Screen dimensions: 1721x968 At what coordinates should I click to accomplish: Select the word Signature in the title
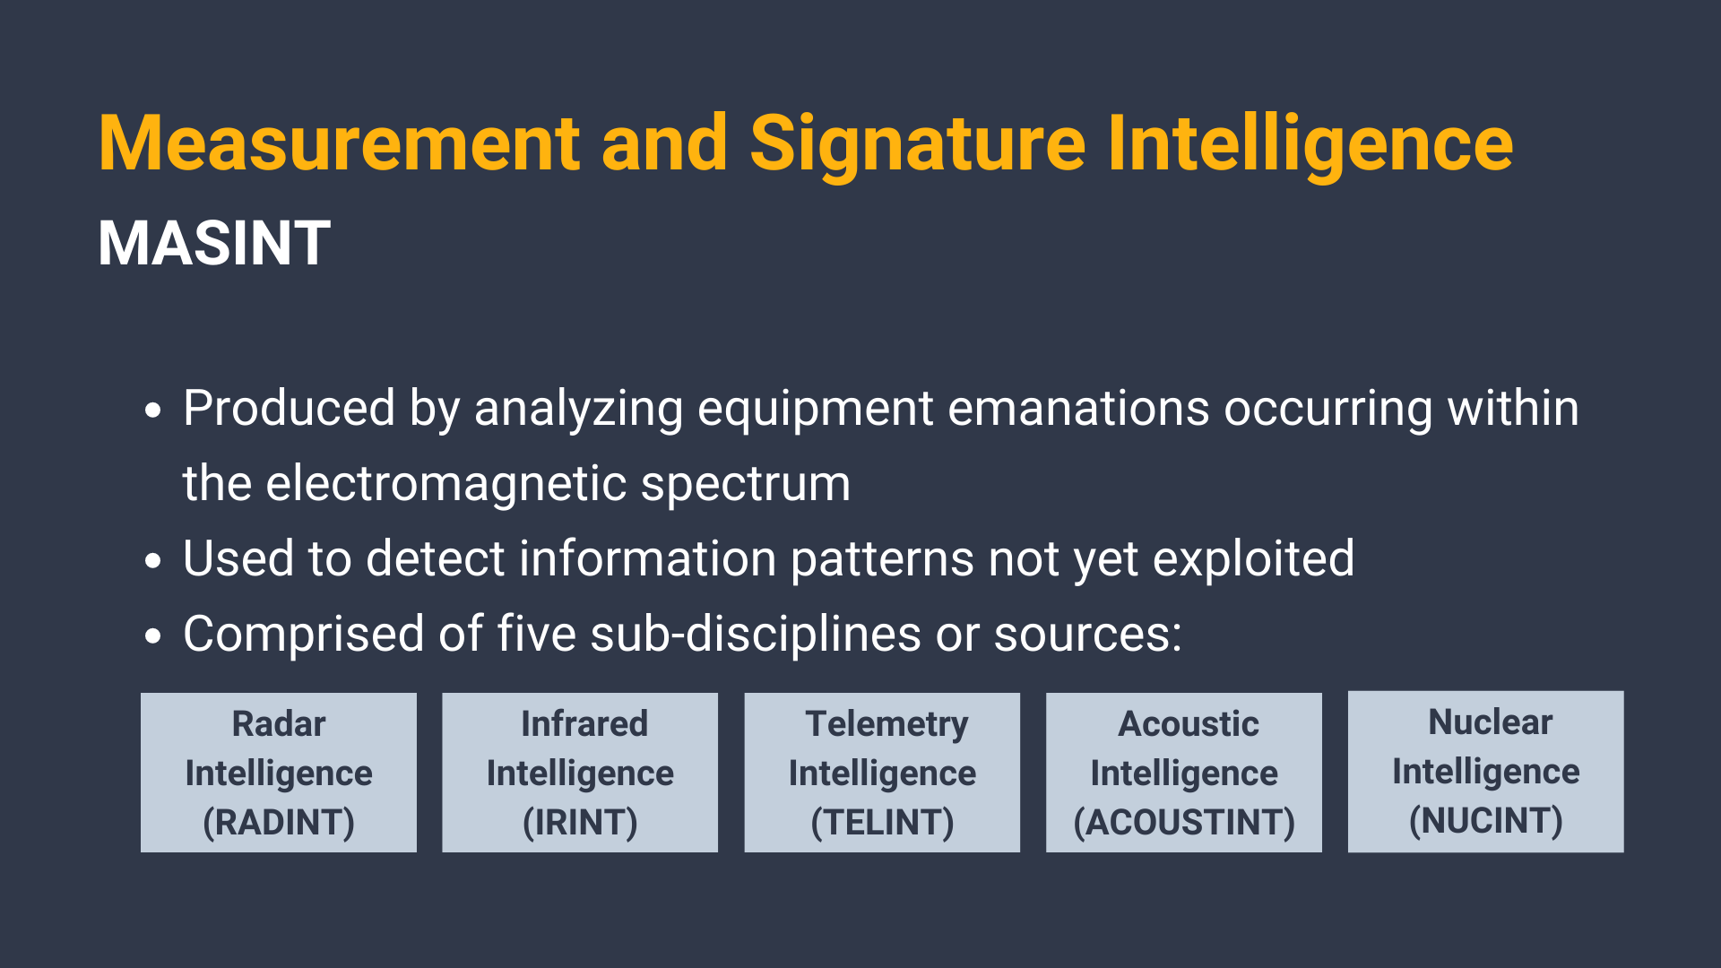point(918,145)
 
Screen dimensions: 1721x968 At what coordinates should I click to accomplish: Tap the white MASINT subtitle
point(214,243)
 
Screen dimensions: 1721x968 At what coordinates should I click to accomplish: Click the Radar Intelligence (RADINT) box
point(279,773)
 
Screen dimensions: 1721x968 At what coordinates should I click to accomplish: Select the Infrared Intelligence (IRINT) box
point(580,773)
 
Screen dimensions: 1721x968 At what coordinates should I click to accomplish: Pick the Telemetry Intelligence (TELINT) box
point(882,773)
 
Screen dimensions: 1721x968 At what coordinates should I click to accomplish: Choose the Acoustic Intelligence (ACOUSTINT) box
point(1184,773)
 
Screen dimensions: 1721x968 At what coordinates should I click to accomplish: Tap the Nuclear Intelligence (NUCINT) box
point(1486,772)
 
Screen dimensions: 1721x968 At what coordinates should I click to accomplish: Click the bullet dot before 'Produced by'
point(153,411)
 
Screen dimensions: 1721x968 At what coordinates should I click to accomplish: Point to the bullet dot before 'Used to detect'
point(153,561)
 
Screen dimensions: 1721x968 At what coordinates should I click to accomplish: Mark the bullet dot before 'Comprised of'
point(153,636)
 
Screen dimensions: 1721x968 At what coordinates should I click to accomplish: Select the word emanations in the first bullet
point(1079,409)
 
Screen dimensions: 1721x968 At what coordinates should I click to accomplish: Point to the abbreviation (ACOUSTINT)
point(1184,823)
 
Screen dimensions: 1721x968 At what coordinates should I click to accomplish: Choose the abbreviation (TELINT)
point(882,823)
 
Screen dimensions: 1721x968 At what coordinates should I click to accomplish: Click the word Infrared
point(584,723)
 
